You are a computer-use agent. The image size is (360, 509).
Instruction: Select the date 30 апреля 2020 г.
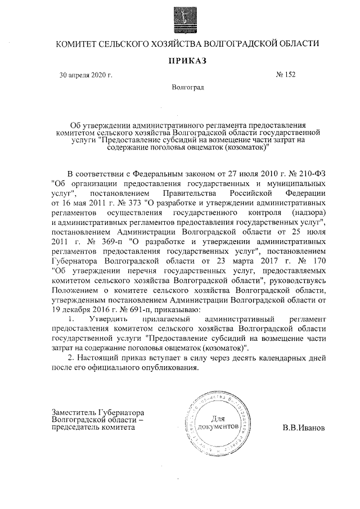86,75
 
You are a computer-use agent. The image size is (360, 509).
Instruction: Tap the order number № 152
285,74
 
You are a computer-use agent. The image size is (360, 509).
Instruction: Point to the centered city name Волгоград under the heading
188,88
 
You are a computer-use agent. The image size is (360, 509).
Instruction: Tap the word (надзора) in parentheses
306,214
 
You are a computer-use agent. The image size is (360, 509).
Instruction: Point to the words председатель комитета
93,427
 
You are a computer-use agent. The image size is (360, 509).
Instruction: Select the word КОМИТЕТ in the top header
76,43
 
